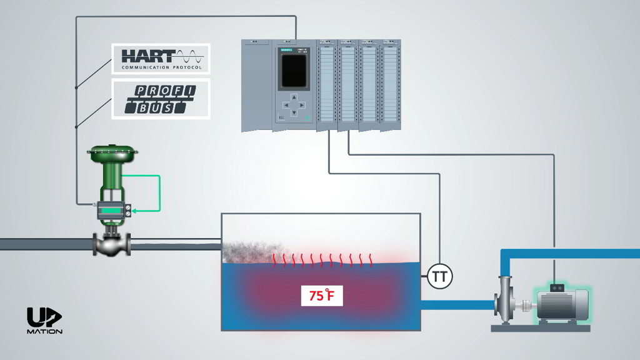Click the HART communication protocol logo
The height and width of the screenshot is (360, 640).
coord(161,59)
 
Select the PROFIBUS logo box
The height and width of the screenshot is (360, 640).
coord(161,99)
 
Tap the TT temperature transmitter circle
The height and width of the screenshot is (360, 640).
coord(440,276)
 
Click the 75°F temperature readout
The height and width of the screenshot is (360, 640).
coord(322,295)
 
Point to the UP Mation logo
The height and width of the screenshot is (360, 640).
coord(44,321)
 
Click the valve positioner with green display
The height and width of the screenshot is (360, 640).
coord(112,211)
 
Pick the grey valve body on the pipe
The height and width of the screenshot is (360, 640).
coord(112,244)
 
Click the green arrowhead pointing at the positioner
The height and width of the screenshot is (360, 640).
coord(134,211)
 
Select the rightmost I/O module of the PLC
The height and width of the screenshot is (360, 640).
coord(391,84)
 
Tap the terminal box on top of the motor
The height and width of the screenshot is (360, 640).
coord(555,287)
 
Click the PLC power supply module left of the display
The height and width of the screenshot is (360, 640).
coord(257,84)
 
